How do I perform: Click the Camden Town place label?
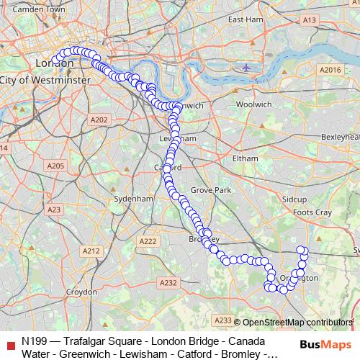point(30,9)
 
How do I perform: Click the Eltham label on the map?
point(235,158)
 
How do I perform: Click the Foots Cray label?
point(312,213)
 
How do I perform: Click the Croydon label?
point(81,292)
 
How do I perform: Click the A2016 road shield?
point(330,70)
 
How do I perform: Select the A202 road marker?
point(99,120)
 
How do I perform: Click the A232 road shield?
point(168,283)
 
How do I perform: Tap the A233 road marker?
point(223,320)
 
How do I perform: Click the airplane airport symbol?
point(247,68)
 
